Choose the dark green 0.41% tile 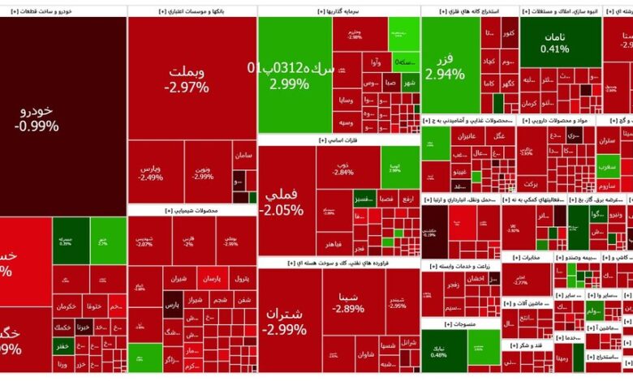tap(554, 42)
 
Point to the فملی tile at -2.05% tap(285, 202)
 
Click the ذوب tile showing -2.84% tap(343, 169)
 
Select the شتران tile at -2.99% tap(285, 321)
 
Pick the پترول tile tap(240, 279)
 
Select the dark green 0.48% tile tap(439, 349)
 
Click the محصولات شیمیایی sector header tap(192, 210)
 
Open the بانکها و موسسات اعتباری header tap(192, 11)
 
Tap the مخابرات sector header tap(525, 258)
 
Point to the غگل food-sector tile tap(500, 135)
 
